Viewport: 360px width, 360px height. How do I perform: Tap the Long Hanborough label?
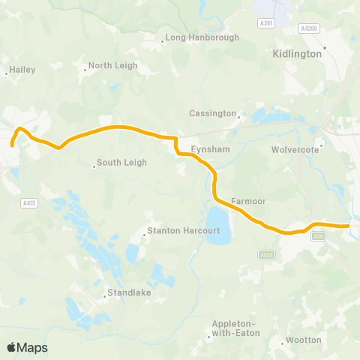pos(191,37)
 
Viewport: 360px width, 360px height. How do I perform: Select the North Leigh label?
pos(112,65)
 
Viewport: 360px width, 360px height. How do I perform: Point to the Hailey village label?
pos(22,70)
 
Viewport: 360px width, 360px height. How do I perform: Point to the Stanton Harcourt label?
pos(183,231)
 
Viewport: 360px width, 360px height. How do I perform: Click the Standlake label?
pos(128,292)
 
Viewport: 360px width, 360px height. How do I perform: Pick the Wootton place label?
pos(302,340)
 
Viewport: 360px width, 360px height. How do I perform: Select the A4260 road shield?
pos(307,28)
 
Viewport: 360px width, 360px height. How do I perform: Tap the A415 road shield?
pos(29,202)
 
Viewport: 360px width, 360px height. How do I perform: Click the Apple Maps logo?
pos(27,347)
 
